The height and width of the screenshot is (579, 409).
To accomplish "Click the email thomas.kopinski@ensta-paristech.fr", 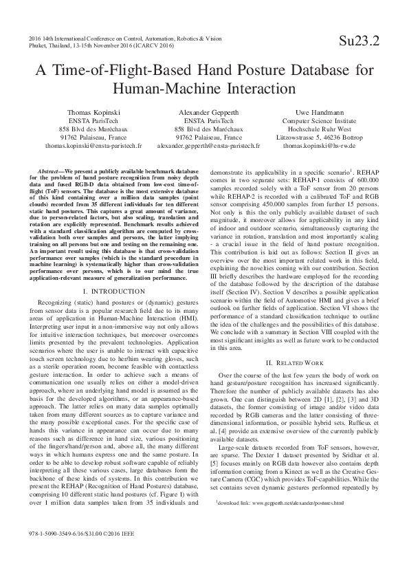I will click(93, 146).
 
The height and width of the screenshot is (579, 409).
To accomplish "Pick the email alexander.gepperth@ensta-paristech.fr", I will click(209, 146).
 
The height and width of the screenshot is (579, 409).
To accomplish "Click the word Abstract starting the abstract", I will click(47, 169).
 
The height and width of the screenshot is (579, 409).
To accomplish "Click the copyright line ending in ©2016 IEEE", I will click(81, 551).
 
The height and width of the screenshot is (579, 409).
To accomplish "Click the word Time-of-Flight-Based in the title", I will click(133, 70).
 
